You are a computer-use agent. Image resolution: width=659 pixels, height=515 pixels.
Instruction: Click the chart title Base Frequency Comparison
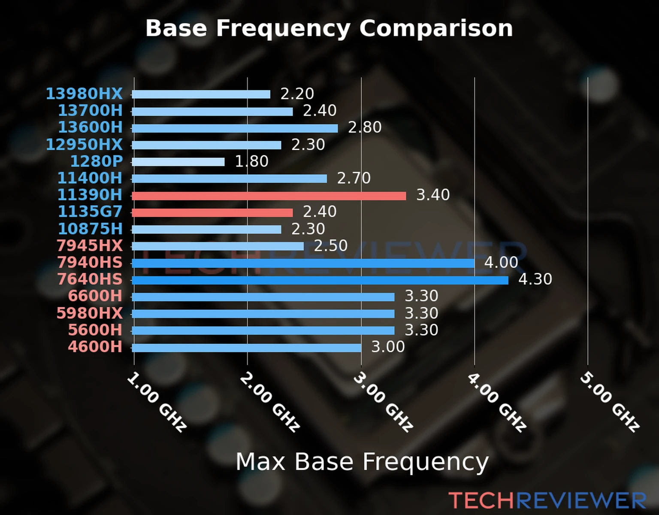pyautogui.click(x=329, y=28)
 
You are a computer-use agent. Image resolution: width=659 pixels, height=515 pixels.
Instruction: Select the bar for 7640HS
pyautogui.click(x=320, y=280)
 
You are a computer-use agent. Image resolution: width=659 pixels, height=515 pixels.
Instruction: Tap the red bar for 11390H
pyautogui.click(x=269, y=196)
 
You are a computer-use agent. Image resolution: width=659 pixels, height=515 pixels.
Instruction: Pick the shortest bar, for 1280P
pyautogui.click(x=178, y=162)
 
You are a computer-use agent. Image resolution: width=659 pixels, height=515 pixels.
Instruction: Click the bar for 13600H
pyautogui.click(x=235, y=128)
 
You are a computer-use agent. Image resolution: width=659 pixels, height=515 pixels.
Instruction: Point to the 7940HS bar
pyautogui.click(x=303, y=263)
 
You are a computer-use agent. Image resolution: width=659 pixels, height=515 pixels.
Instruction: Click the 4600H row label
pyautogui.click(x=95, y=347)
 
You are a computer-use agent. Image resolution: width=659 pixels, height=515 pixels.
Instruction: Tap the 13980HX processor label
pyautogui.click(x=84, y=94)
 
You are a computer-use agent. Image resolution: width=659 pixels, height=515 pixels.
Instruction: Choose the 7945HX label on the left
pyautogui.click(x=90, y=245)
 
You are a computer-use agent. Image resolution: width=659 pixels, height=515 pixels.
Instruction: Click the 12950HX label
pyautogui.click(x=84, y=144)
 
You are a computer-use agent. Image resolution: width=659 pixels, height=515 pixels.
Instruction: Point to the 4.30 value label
pyautogui.click(x=535, y=279)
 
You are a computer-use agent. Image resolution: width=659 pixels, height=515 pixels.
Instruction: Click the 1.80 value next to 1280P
pyautogui.click(x=251, y=161)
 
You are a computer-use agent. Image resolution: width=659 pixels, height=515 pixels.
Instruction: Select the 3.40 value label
pyautogui.click(x=433, y=195)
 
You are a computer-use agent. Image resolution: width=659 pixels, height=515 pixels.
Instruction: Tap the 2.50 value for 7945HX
pyautogui.click(x=330, y=245)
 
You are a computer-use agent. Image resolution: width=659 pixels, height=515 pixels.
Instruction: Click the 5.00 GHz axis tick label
pyautogui.click(x=610, y=401)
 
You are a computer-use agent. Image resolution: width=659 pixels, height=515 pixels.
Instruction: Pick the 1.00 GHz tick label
pyautogui.click(x=157, y=401)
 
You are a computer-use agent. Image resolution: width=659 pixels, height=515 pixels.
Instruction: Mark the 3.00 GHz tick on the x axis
pyautogui.click(x=383, y=401)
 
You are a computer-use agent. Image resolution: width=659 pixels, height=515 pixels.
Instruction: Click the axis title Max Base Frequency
pyautogui.click(x=362, y=462)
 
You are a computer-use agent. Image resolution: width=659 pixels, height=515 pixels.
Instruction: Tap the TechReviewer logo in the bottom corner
pyautogui.click(x=547, y=500)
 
